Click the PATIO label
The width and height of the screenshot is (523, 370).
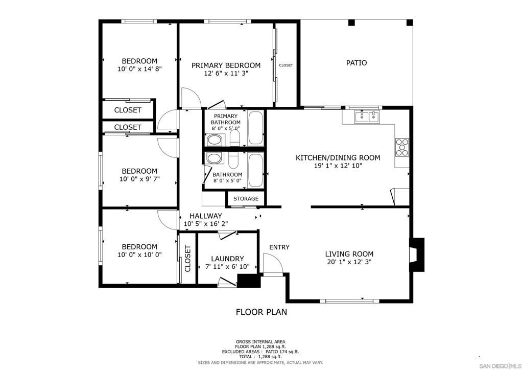pyautogui.click(x=356, y=63)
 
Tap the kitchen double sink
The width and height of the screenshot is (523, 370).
pyautogui.click(x=368, y=117)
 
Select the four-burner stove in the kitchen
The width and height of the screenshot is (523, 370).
pyautogui.click(x=402, y=147)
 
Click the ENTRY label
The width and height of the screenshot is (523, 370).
pyautogui.click(x=279, y=247)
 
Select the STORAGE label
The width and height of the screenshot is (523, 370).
pyautogui.click(x=246, y=199)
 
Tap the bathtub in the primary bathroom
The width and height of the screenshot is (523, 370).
pyautogui.click(x=255, y=128)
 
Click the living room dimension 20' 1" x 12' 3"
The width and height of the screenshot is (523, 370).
pyautogui.click(x=349, y=262)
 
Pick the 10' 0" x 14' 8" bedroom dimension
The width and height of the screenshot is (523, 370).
pyautogui.click(x=139, y=69)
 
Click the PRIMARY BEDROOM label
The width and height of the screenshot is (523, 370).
pyautogui.click(x=226, y=65)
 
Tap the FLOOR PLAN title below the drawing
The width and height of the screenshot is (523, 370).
pyautogui.click(x=261, y=312)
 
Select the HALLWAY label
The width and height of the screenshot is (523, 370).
pyautogui.click(x=206, y=216)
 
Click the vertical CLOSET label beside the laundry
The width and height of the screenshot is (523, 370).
pyautogui.click(x=187, y=258)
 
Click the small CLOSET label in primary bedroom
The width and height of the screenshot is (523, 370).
pyautogui.click(x=286, y=65)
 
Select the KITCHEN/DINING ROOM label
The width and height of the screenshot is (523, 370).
pyautogui.click(x=338, y=158)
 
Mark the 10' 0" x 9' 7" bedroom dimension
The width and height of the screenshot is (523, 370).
pyautogui.click(x=139, y=179)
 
